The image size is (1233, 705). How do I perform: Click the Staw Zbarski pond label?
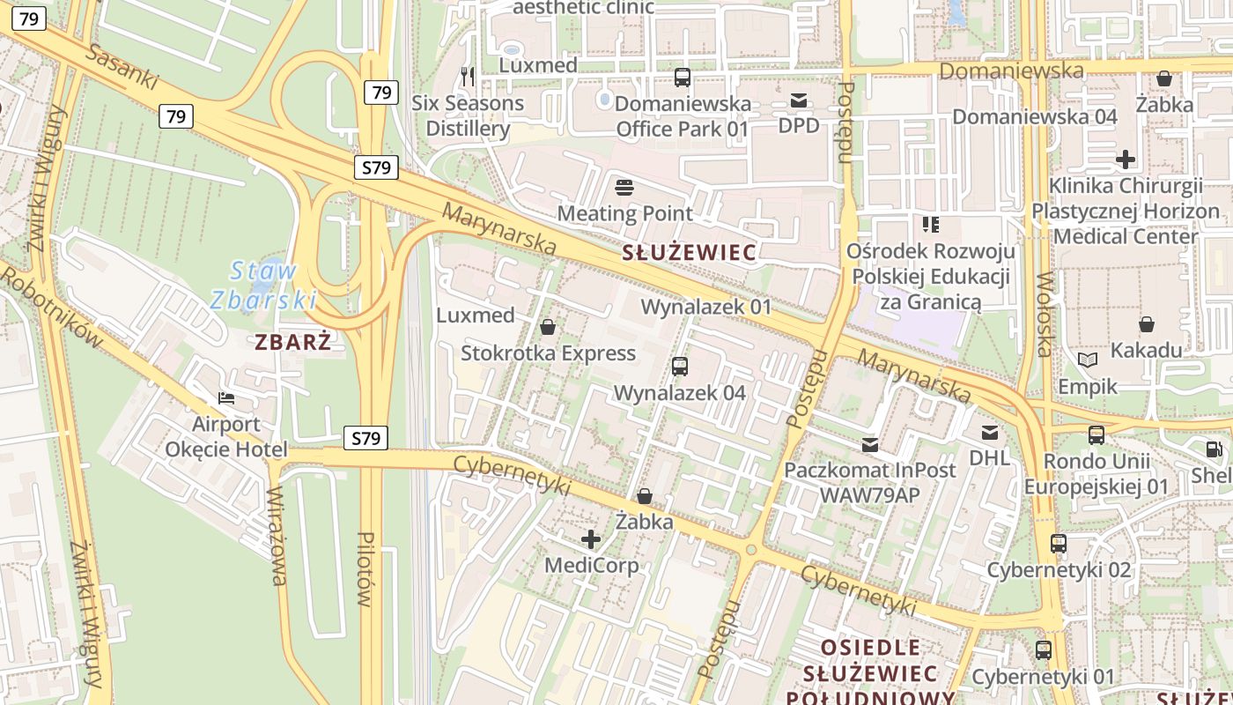point(262,285)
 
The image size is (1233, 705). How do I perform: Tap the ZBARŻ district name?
point(293,342)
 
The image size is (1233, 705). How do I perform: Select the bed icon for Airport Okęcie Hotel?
point(226,398)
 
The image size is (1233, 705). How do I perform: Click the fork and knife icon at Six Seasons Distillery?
point(468,77)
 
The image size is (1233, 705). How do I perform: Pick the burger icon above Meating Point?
point(624,187)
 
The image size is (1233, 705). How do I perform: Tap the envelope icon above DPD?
point(798,100)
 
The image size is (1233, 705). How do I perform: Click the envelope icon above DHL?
point(990,432)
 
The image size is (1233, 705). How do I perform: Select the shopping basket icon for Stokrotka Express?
point(548,327)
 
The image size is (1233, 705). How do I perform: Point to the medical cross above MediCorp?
point(591,538)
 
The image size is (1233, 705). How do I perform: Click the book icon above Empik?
point(1088,360)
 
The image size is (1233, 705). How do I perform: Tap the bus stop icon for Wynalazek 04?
point(679,367)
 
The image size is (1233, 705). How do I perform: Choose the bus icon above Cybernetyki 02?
point(1059,544)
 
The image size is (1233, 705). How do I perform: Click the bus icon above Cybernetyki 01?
point(1043,650)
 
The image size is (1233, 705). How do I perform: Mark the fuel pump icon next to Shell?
point(1214,449)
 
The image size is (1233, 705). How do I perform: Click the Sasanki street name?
point(122,66)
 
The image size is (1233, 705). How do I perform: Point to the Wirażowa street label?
point(277,535)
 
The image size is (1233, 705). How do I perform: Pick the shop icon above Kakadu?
point(1146,324)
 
